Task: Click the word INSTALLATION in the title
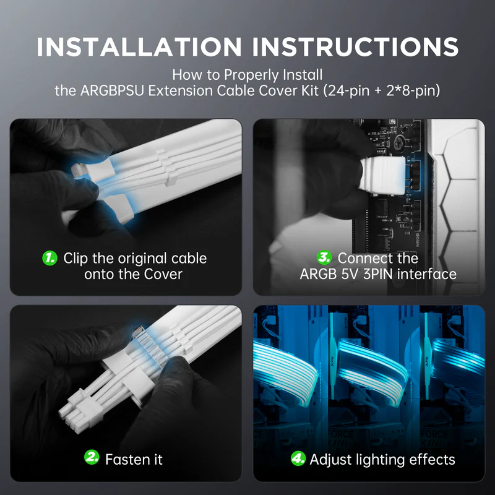point(139,47)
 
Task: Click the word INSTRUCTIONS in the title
point(355,47)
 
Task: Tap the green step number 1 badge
point(49,258)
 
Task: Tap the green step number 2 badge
point(92,457)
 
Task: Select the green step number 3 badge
point(324,257)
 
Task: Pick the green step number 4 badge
point(298,458)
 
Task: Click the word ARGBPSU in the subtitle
point(112,91)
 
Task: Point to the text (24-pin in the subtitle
point(346,91)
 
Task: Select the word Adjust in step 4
point(330,460)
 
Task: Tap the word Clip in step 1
point(75,259)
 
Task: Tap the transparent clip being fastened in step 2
point(151,346)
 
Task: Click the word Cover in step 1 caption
point(163,274)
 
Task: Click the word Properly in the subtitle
point(251,75)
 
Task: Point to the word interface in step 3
point(426,274)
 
